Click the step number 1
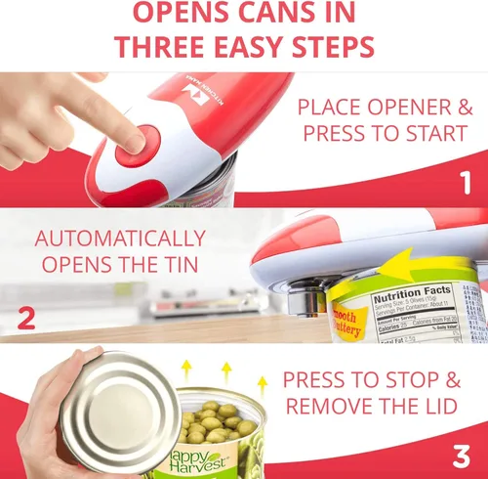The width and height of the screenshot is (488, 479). coord(465,182)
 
